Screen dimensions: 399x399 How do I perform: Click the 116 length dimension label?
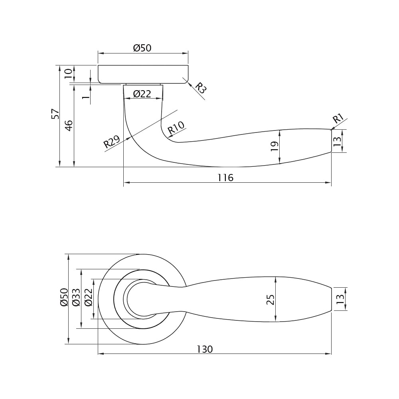[225, 178]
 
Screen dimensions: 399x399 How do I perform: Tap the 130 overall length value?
[205, 349]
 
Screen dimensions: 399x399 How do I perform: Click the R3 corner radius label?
[201, 88]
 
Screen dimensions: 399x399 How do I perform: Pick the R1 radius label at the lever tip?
[338, 119]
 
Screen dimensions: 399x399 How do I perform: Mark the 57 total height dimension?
[55, 114]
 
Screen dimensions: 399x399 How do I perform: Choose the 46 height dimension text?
[69, 125]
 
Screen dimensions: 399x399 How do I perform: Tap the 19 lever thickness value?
[275, 146]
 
